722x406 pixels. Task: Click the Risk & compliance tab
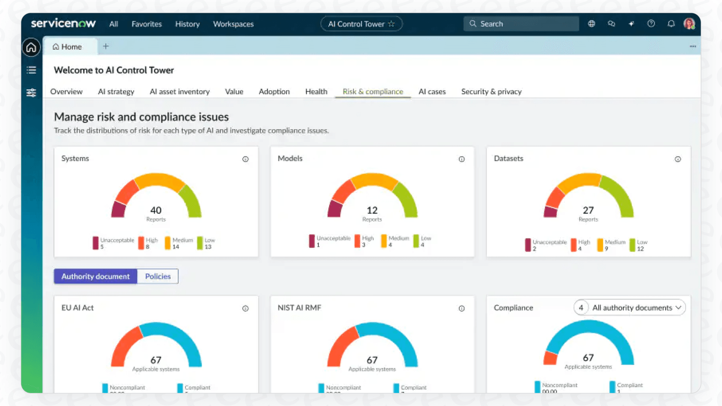[x=373, y=92]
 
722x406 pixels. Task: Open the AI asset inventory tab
[x=179, y=92]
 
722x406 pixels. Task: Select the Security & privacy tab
[x=491, y=92]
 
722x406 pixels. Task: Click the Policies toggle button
[x=158, y=276]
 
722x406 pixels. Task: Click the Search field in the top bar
[x=521, y=24]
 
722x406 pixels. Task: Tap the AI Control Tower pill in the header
[x=361, y=24]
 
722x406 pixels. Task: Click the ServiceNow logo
[x=63, y=24]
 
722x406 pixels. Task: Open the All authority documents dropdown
[x=636, y=308]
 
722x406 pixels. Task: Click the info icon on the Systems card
[x=245, y=159]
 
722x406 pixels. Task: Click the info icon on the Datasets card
[x=678, y=159]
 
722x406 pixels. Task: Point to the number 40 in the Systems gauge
[x=156, y=210]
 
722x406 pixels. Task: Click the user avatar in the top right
[x=689, y=24]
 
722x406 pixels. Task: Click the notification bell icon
[x=671, y=24]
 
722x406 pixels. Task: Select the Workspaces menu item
[x=233, y=24]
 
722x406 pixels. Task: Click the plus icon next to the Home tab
[x=106, y=46]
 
